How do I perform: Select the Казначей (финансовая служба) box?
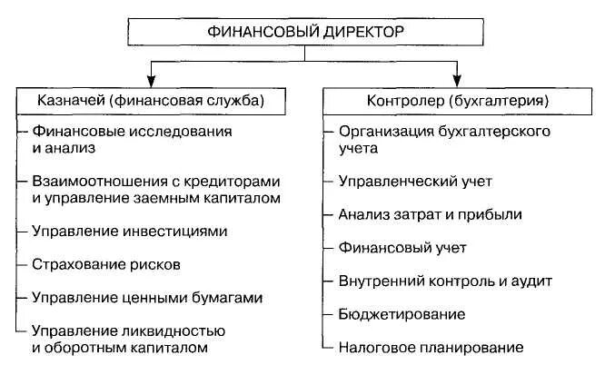tap(147, 100)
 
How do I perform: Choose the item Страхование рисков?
tap(107, 264)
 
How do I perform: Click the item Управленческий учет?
tap(414, 181)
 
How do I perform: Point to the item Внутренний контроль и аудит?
tap(444, 281)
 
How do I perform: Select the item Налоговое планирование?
tap(430, 347)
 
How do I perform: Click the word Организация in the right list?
tap(380, 132)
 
